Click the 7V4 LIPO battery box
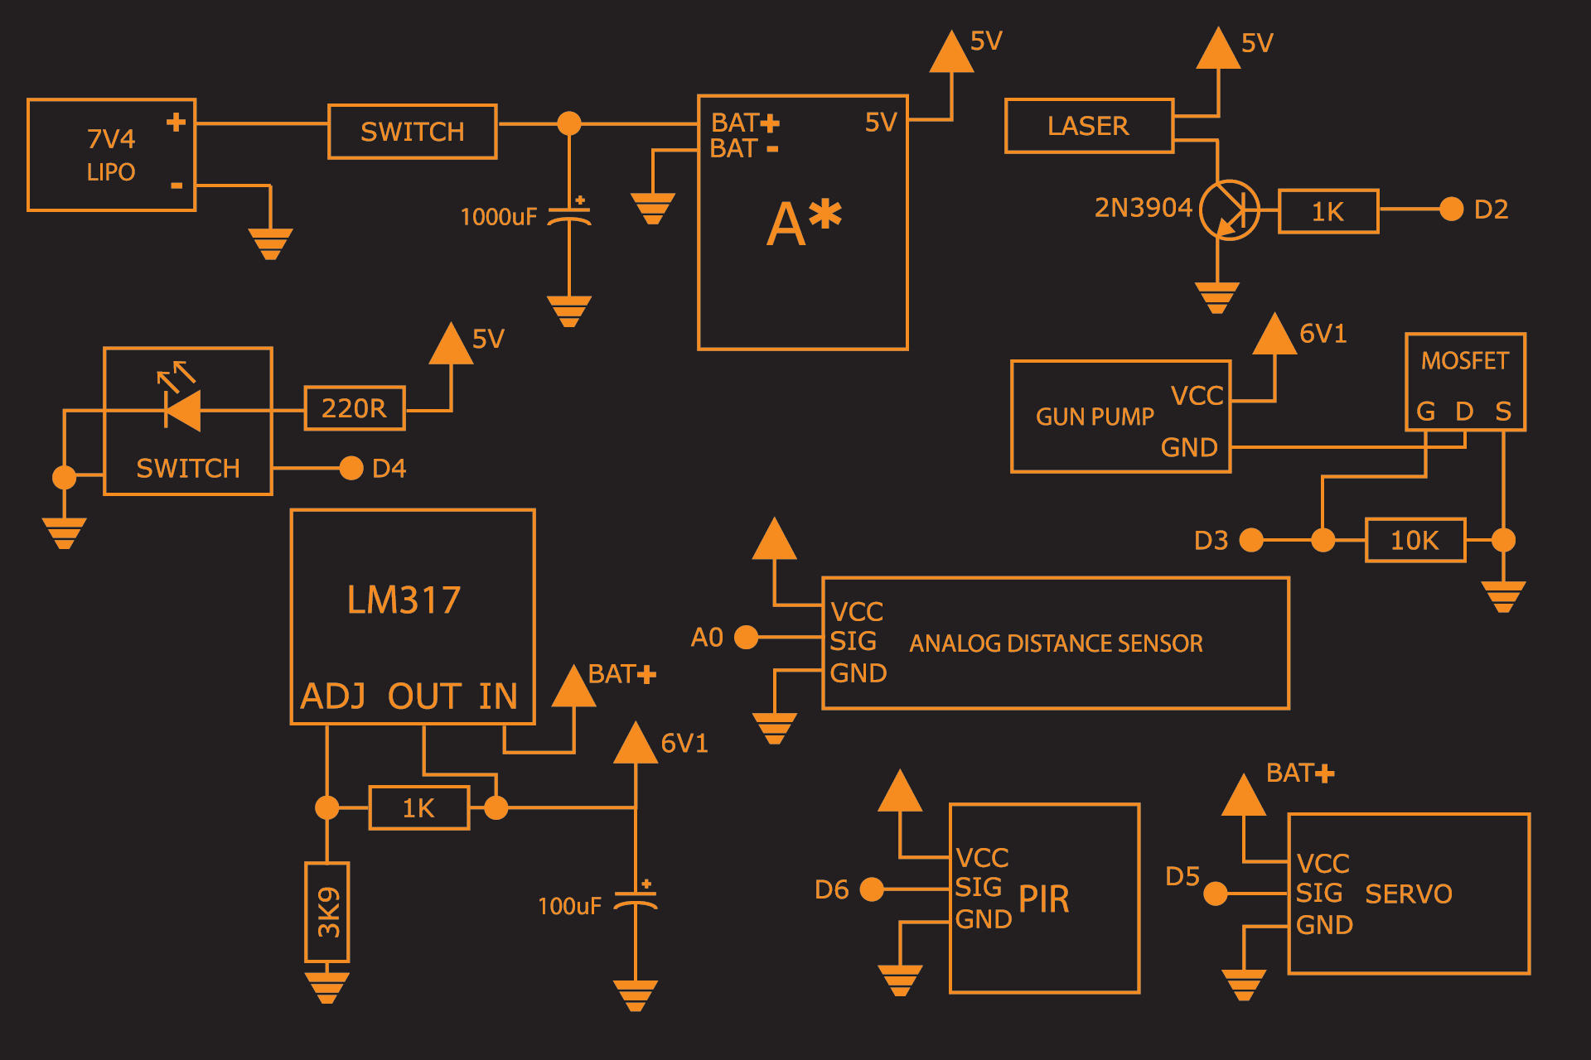pos(111,155)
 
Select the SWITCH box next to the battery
pos(412,131)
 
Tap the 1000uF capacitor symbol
pos(569,216)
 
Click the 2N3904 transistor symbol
pos(1230,210)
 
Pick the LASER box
pos(1089,126)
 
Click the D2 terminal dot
pos(1451,209)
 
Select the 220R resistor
pos(354,408)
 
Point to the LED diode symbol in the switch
pos(183,410)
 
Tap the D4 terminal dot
pos(351,468)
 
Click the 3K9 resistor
pos(327,912)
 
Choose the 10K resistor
pos(1414,540)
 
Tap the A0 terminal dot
pos(746,637)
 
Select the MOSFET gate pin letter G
pos(1425,411)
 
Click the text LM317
pos(404,600)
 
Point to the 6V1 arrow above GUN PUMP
pos(1274,335)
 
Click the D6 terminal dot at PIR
pos(872,889)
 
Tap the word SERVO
pos(1408,894)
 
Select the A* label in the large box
pos(803,222)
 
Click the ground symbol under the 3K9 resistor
pos(327,988)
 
